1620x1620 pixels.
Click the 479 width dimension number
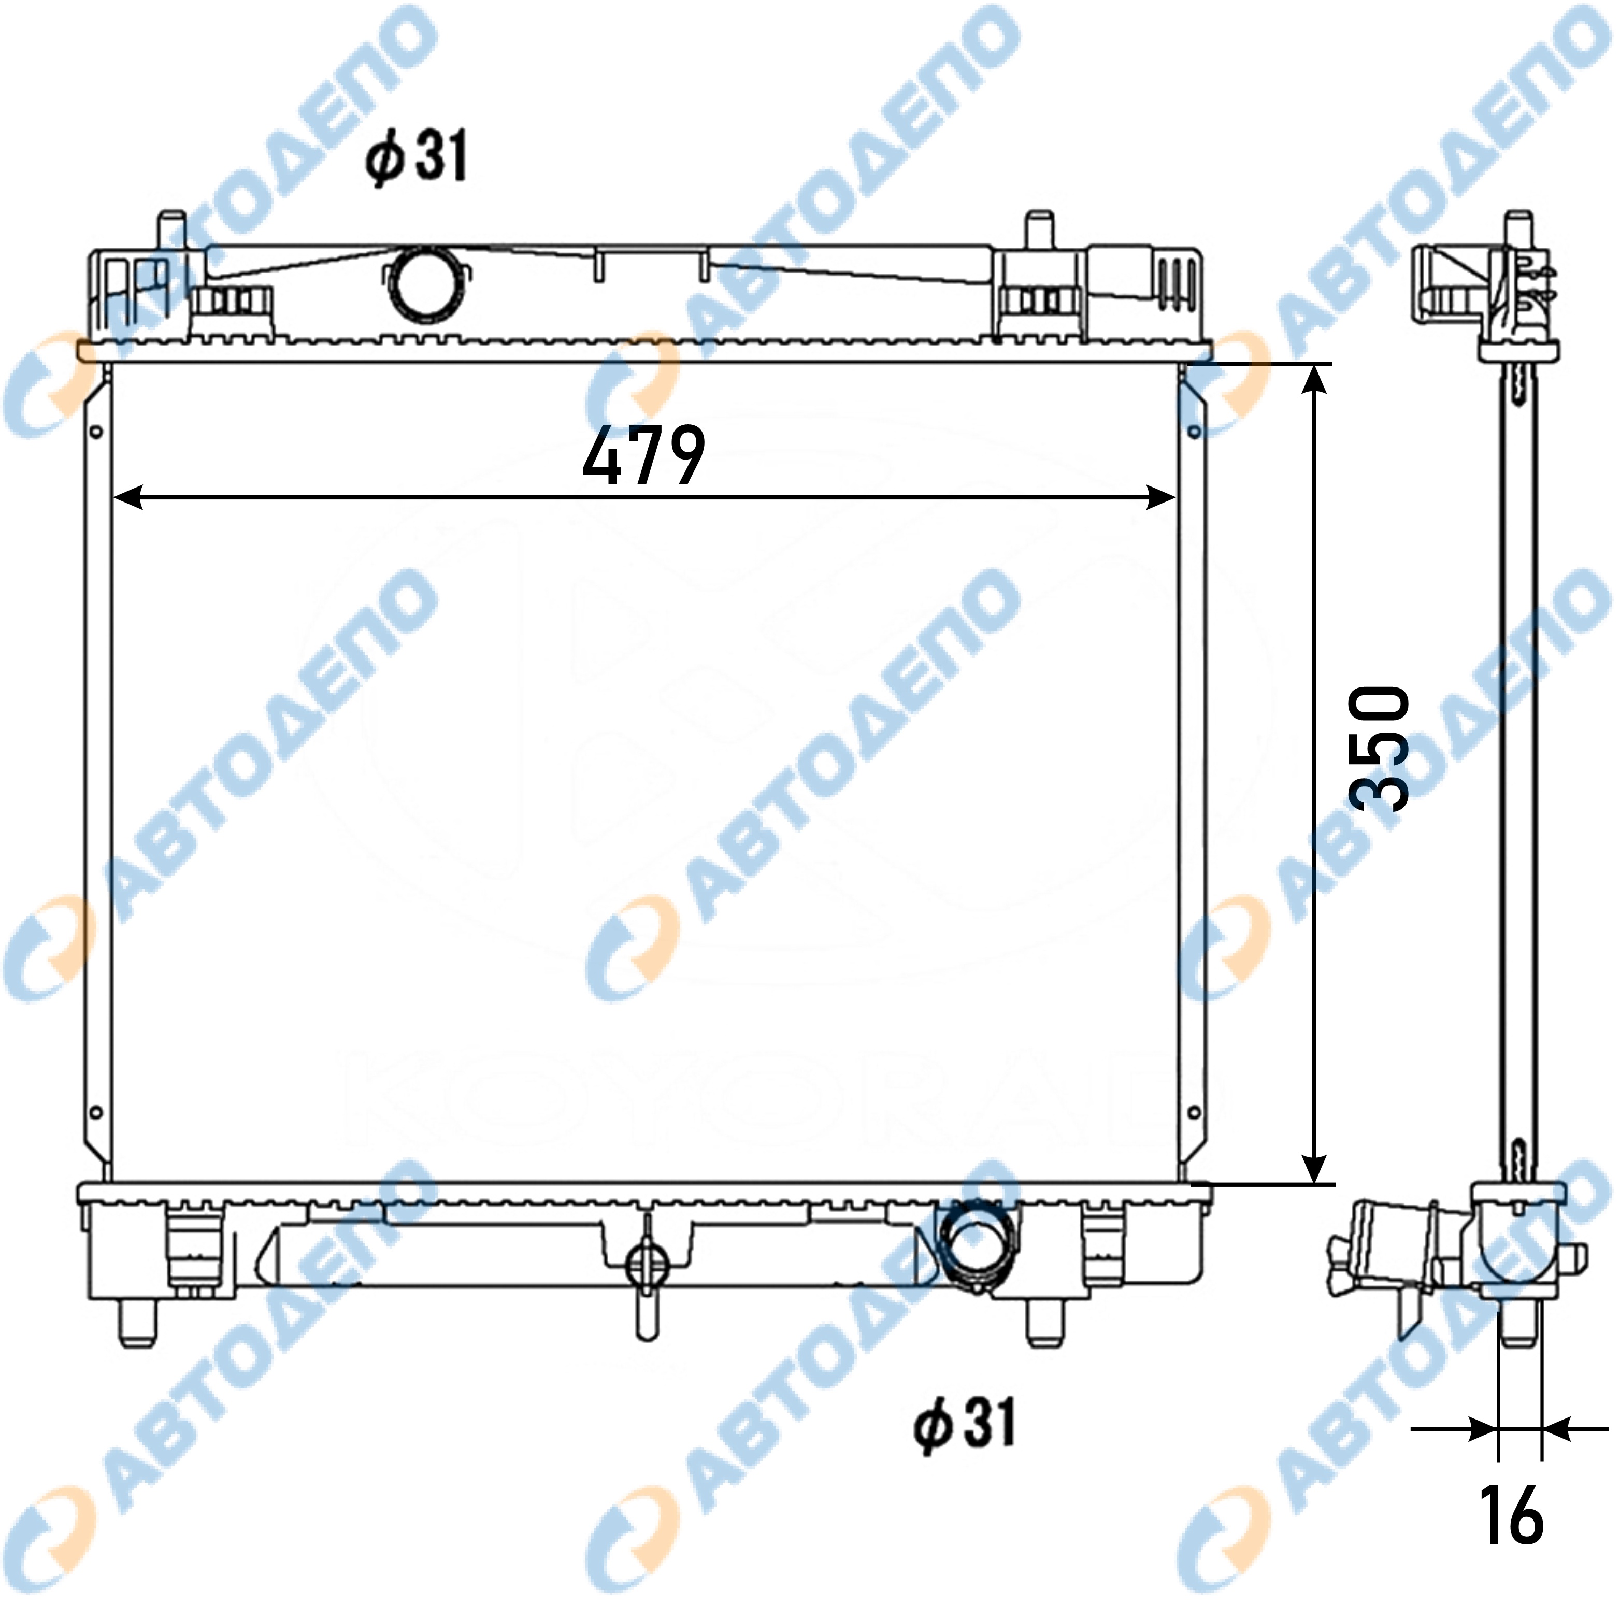coord(644,455)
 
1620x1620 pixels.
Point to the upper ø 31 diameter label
coord(417,156)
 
